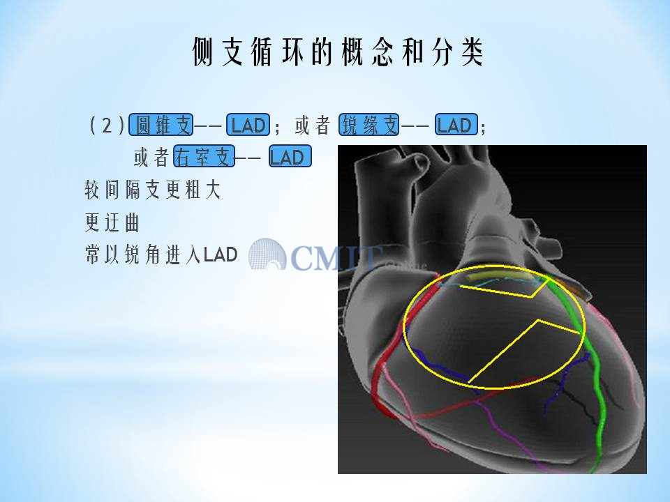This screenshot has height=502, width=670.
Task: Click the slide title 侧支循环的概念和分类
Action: click(x=338, y=52)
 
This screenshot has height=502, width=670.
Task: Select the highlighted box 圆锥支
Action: click(x=161, y=125)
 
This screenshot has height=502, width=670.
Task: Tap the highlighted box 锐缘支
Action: click(x=369, y=125)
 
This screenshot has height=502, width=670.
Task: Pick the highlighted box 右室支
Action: click(x=204, y=156)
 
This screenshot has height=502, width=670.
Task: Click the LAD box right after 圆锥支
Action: click(x=248, y=125)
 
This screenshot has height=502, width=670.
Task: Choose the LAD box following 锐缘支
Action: click(x=456, y=125)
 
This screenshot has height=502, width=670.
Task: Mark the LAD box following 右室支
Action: click(x=290, y=156)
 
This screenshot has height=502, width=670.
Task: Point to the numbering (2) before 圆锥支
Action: click(x=107, y=125)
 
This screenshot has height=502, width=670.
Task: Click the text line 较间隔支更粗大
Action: click(x=153, y=190)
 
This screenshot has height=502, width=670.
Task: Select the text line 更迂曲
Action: click(x=112, y=222)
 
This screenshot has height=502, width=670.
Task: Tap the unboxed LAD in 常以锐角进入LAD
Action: click(x=220, y=255)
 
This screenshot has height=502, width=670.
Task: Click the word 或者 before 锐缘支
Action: click(x=313, y=125)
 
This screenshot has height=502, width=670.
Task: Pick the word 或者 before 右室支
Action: click(x=151, y=157)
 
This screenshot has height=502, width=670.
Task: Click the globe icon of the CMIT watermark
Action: click(x=267, y=254)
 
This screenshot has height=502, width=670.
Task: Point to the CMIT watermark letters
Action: click(x=336, y=258)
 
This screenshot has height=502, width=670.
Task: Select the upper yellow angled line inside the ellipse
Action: click(x=504, y=289)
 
